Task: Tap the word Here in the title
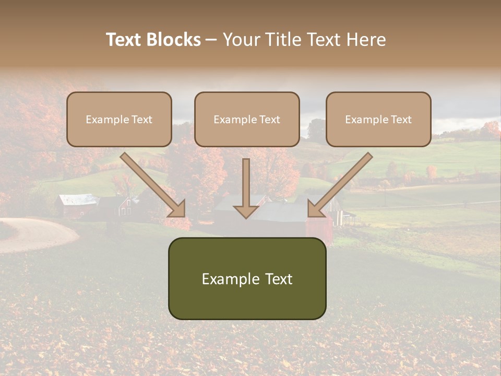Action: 365,40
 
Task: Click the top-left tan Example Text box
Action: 119,119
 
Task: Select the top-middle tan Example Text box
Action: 247,119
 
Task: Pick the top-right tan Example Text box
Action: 378,119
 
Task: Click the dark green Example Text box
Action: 247,278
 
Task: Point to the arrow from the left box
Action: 151,183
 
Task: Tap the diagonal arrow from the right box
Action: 342,183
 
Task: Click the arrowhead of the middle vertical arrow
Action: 246,211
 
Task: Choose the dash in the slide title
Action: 211,40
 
